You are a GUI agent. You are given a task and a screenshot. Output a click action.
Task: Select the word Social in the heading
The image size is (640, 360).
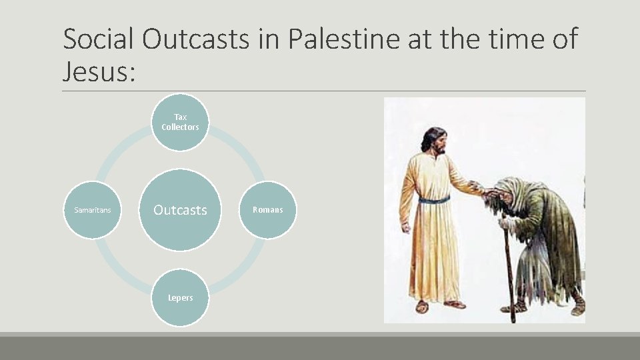tap(99, 40)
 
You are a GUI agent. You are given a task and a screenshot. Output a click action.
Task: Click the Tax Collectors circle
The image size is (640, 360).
tap(180, 122)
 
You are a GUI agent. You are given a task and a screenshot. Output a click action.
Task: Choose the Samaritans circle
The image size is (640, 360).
tap(93, 210)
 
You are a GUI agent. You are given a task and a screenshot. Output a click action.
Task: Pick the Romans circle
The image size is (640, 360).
tap(267, 210)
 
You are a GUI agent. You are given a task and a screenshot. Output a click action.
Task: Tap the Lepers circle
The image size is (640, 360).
tap(180, 297)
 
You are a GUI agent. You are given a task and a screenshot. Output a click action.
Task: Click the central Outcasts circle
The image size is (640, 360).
tap(180, 210)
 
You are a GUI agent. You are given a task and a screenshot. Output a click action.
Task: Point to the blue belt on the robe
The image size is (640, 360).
tap(434, 199)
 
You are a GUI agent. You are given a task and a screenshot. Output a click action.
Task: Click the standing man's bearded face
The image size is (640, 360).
tap(437, 143)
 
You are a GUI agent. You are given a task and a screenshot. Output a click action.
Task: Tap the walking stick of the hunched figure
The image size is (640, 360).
tap(509, 273)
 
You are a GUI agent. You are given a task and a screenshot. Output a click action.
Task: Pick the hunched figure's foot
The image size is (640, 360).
tap(578, 308)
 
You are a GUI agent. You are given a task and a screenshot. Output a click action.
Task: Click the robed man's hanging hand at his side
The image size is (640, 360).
tap(406, 227)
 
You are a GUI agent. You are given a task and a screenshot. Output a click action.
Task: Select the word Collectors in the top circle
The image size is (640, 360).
tap(180, 127)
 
